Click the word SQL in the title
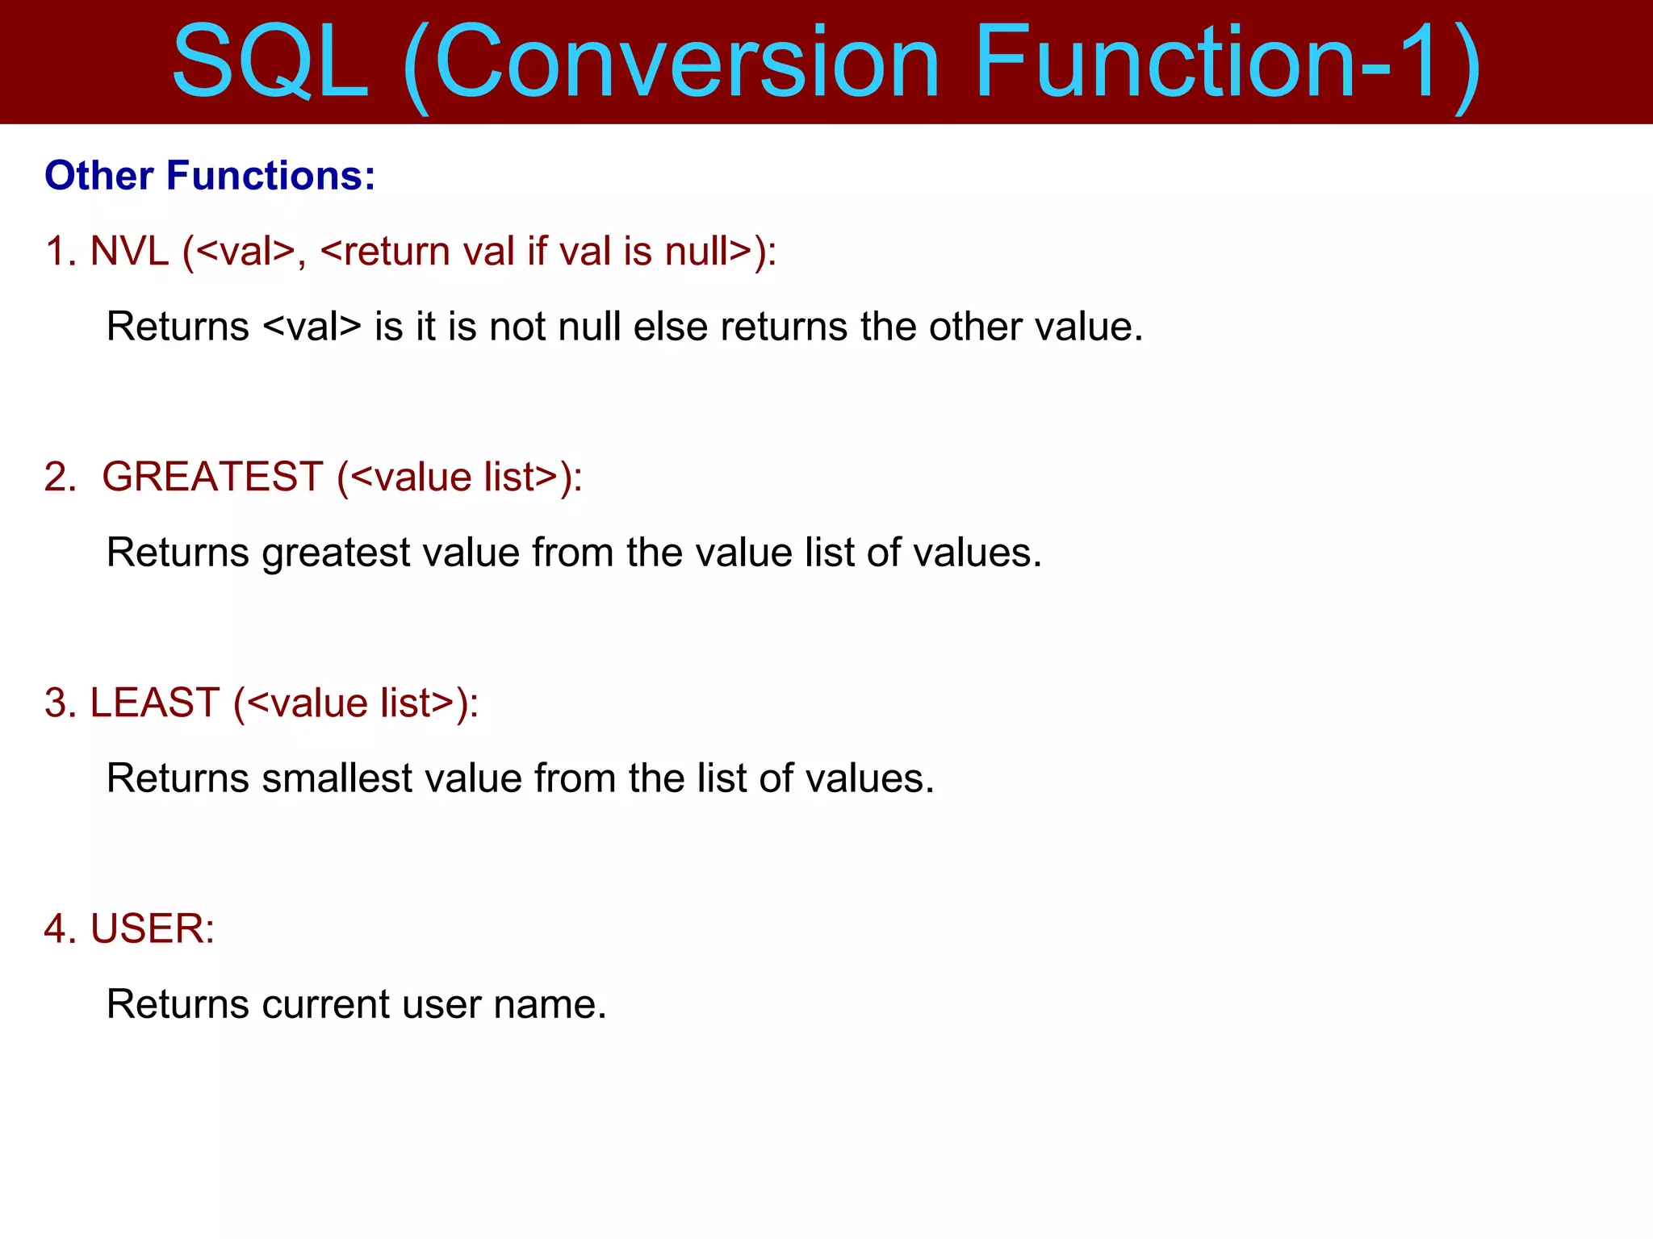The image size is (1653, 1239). click(270, 63)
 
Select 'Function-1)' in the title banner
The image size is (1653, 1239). click(1227, 63)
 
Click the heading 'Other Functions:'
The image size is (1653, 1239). click(210, 176)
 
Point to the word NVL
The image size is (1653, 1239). click(129, 251)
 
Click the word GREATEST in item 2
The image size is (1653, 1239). click(212, 477)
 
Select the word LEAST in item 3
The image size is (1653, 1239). click(154, 703)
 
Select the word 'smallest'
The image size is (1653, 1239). click(337, 778)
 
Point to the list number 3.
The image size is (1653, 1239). click(59, 703)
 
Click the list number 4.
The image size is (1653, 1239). click(59, 928)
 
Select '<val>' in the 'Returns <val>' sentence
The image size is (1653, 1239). click(312, 327)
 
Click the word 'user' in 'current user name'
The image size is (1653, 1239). click(441, 1004)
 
